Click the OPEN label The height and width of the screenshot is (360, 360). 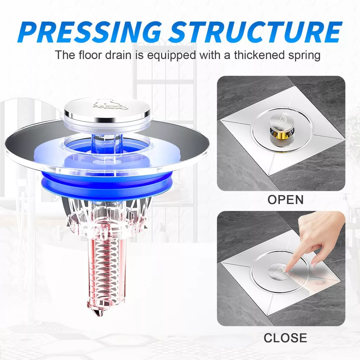[285, 200]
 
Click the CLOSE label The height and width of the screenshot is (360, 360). [285, 338]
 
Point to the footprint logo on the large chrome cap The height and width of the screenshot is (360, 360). [110, 105]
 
